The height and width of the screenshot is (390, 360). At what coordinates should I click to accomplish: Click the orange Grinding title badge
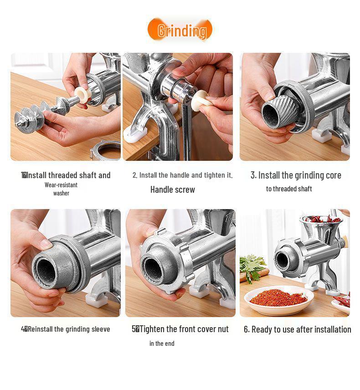(180, 30)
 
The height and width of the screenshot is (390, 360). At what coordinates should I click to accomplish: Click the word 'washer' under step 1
(61, 193)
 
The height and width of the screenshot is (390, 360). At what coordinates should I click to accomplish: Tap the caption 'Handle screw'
(173, 190)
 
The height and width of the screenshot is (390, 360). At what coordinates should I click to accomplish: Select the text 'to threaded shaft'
(289, 189)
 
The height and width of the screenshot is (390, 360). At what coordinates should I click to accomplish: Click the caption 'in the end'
(162, 344)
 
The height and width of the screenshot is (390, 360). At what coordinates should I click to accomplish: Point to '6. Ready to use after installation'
(297, 329)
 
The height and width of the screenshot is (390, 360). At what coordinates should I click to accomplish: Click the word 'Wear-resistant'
(61, 185)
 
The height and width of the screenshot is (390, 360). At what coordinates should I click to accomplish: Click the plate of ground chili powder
(278, 299)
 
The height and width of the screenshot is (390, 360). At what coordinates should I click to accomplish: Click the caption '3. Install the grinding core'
(296, 175)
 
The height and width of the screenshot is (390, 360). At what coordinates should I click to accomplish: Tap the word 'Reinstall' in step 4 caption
(40, 329)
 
